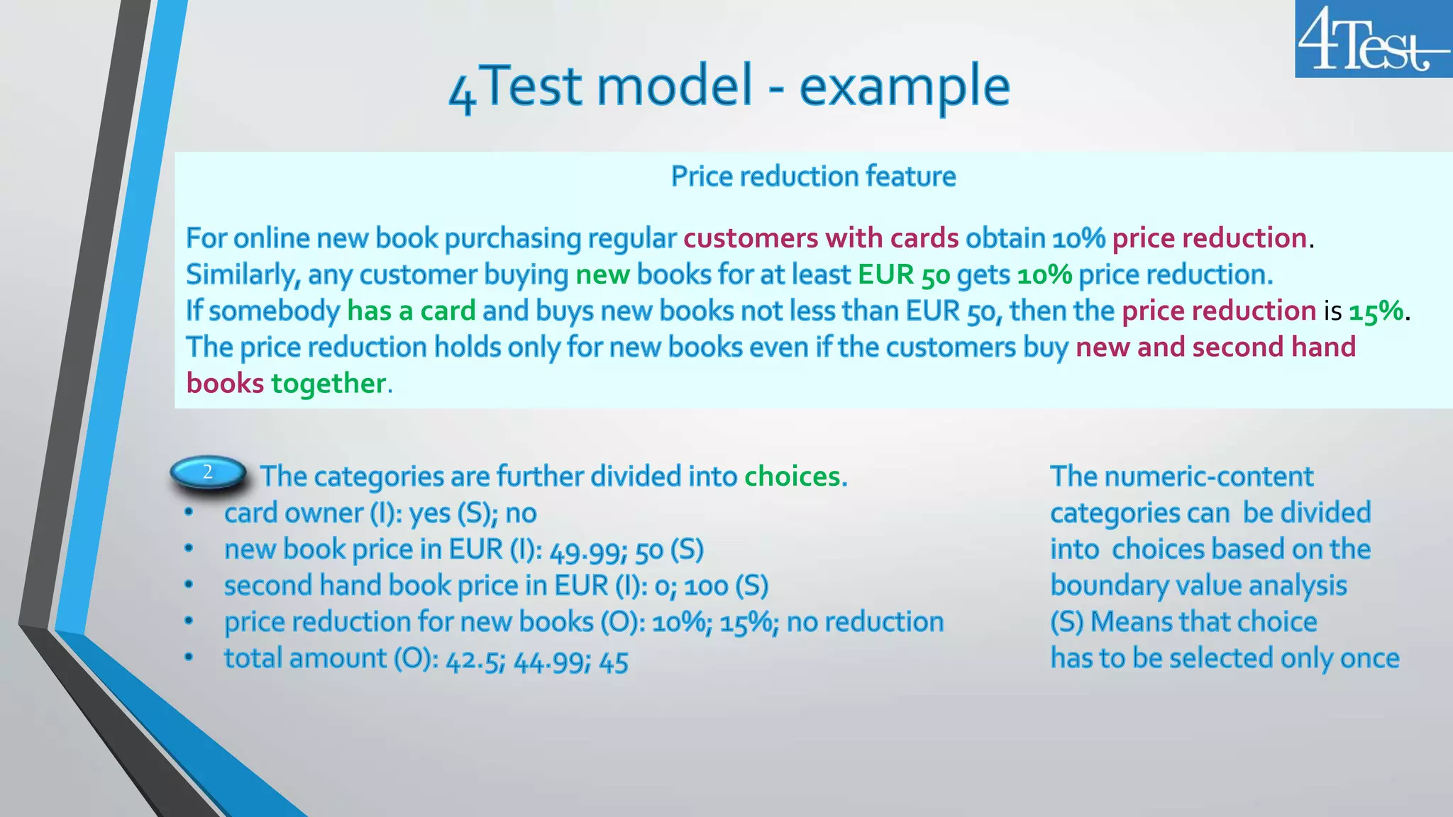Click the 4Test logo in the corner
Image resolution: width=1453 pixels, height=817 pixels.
tap(1373, 39)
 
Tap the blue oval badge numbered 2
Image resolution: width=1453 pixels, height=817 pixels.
tap(208, 472)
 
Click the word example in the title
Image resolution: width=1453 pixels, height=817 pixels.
tap(904, 87)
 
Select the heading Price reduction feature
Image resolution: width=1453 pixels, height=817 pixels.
tap(813, 177)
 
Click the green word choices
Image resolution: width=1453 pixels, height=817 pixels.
tap(795, 477)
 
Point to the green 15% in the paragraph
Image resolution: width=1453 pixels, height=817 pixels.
tap(1376, 311)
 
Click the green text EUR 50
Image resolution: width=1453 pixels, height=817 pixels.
tap(903, 275)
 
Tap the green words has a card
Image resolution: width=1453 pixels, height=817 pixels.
tap(411, 311)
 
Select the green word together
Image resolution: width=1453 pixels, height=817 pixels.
tap(328, 384)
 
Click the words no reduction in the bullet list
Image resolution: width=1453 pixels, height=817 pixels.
tap(865, 623)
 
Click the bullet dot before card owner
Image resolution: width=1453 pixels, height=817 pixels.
tap(188, 513)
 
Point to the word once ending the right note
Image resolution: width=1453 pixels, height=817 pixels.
tap(1369, 659)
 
